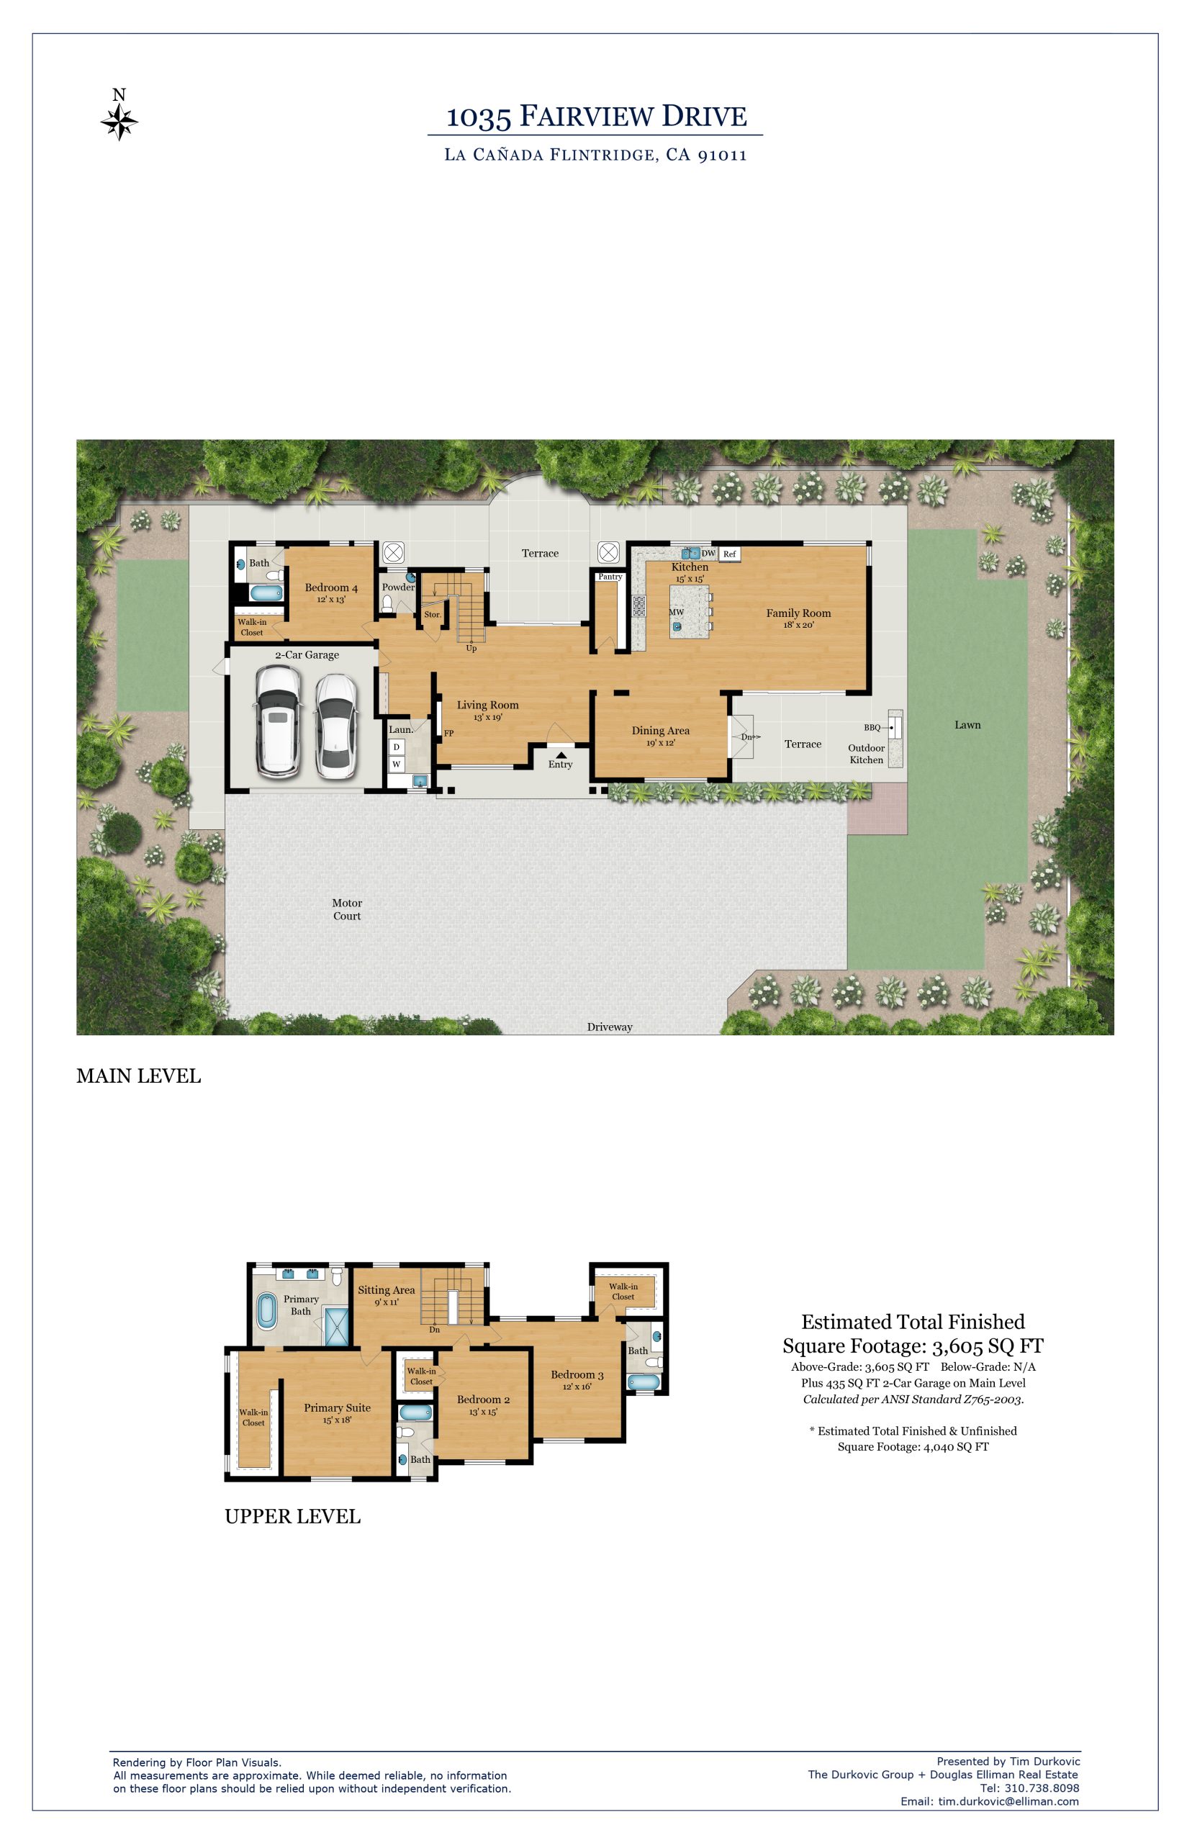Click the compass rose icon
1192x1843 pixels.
[119, 122]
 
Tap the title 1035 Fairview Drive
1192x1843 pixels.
[596, 116]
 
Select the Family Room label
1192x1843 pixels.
[798, 613]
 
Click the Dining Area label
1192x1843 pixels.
[660, 730]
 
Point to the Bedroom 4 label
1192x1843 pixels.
[331, 587]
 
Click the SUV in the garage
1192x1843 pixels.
[279, 721]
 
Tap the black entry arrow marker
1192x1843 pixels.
[561, 754]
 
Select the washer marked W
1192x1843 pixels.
[397, 764]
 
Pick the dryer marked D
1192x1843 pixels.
[397, 747]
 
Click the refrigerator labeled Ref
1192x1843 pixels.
[729, 554]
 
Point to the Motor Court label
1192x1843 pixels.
[347, 909]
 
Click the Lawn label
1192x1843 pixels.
[967, 724]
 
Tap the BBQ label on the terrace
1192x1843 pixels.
[872, 728]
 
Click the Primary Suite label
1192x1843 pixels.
[338, 1407]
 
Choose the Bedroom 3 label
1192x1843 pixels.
[577, 1374]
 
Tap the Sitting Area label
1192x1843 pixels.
[387, 1289]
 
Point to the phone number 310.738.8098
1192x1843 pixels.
[1041, 1788]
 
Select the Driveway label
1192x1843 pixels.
[610, 1027]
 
